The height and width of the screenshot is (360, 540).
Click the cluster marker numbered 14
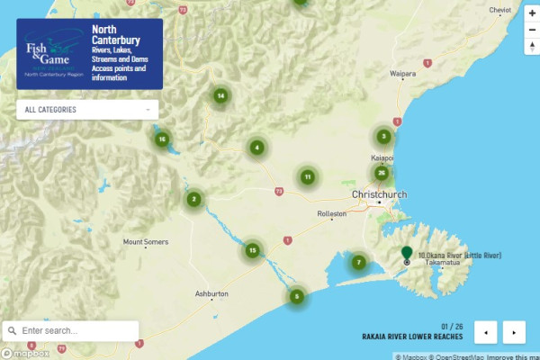pyautogui.click(x=220, y=95)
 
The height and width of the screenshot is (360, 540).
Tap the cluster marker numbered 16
pyautogui.click(x=162, y=139)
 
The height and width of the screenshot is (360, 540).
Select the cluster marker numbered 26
pyautogui.click(x=382, y=173)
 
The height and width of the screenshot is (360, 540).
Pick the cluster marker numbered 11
pyautogui.click(x=308, y=177)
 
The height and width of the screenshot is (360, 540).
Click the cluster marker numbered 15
pyautogui.click(x=253, y=250)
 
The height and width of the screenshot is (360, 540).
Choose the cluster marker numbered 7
pyautogui.click(x=358, y=262)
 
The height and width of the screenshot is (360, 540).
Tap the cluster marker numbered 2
pyautogui.click(x=193, y=200)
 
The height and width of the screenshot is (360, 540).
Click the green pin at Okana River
pyautogui.click(x=407, y=254)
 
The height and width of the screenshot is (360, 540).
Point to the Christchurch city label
pyautogui.click(x=382, y=194)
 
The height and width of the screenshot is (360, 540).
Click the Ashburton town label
pyautogui.click(x=212, y=294)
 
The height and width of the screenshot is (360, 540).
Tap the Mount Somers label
pyautogui.click(x=146, y=242)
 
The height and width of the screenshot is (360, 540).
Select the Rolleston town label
pyautogui.click(x=331, y=214)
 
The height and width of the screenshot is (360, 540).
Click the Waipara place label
pyautogui.click(x=402, y=72)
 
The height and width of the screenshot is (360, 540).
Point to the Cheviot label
pyautogui.click(x=499, y=10)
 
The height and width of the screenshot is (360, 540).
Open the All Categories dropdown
pyautogui.click(x=87, y=110)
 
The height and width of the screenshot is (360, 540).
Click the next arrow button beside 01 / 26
pyautogui.click(x=514, y=332)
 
